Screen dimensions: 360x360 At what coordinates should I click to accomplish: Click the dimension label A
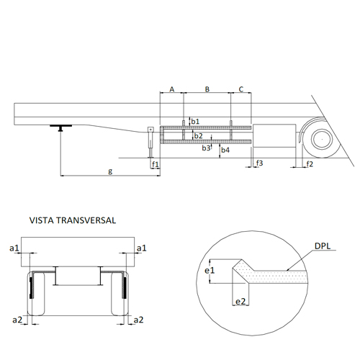pyautogui.click(x=172, y=89)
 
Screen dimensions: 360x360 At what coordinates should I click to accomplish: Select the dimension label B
pyautogui.click(x=207, y=89)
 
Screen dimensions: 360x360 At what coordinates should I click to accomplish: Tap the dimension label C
pyautogui.click(x=241, y=89)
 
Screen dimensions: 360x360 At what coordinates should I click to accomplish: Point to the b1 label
pyautogui.click(x=195, y=121)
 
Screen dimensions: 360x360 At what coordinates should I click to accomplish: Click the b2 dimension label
pyautogui.click(x=199, y=136)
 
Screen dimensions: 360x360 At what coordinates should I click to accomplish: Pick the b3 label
pyautogui.click(x=206, y=148)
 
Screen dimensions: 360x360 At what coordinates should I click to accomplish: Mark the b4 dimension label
pyautogui.click(x=225, y=150)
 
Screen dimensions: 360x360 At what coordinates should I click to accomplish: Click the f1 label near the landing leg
pyautogui.click(x=156, y=164)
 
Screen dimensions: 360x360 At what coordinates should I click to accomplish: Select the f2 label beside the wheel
pyautogui.click(x=310, y=164)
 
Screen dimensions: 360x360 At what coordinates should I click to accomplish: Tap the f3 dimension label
pyautogui.click(x=259, y=163)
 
